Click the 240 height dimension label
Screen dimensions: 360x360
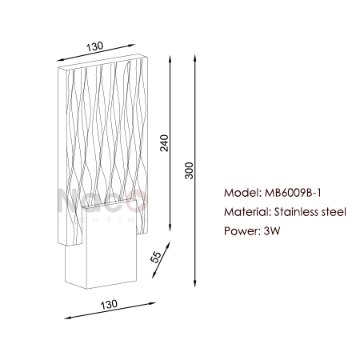click(x=164, y=143)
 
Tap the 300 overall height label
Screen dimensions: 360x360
click(x=189, y=170)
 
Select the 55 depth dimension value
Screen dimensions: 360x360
click(x=156, y=257)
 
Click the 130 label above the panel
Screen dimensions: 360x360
click(x=94, y=46)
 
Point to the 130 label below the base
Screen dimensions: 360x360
click(x=109, y=304)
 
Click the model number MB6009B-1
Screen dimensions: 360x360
click(x=293, y=193)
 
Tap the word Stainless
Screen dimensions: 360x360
click(x=296, y=212)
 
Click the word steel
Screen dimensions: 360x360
click(x=334, y=212)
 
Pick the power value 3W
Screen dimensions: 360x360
click(x=272, y=231)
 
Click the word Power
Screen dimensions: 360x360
click(x=242, y=231)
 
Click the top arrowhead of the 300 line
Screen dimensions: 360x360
click(x=195, y=58)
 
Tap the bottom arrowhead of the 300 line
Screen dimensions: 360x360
click(x=195, y=284)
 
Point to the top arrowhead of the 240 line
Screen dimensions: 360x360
click(x=170, y=58)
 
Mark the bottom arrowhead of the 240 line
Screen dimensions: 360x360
click(x=170, y=228)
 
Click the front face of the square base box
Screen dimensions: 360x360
click(x=111, y=245)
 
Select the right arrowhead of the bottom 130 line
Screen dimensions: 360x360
click(x=152, y=303)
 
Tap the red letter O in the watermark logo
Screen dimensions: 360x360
click(x=138, y=201)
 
